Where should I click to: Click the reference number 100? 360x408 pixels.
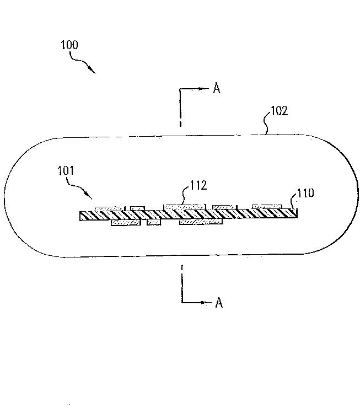pyautogui.click(x=69, y=45)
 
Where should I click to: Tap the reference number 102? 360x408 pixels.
pyautogui.click(x=278, y=111)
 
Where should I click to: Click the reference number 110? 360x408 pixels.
pyautogui.click(x=305, y=193)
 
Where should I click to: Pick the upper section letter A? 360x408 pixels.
pyautogui.click(x=217, y=89)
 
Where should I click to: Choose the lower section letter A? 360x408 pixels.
pyautogui.click(x=219, y=303)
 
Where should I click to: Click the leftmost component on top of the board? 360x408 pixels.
pyautogui.click(x=109, y=208)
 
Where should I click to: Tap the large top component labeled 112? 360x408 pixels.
pyautogui.click(x=184, y=207)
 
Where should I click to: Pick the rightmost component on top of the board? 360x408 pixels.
pyautogui.click(x=267, y=207)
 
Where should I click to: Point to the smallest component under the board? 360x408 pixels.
pyautogui.click(x=153, y=222)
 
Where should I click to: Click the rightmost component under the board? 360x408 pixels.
pyautogui.click(x=201, y=222)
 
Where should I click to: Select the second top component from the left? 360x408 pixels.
pyautogui.click(x=137, y=208)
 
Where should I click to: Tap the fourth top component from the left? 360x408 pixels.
pyautogui.click(x=224, y=207)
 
